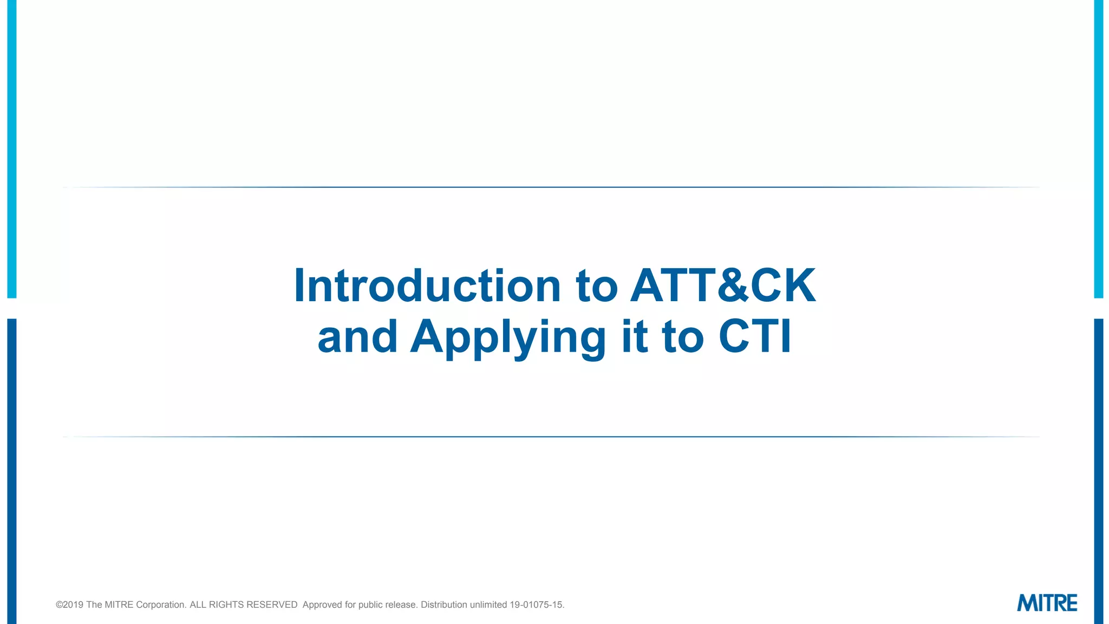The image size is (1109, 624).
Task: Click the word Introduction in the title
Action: click(427, 285)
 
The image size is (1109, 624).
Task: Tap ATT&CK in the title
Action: click(723, 285)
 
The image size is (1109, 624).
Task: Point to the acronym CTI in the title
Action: click(755, 337)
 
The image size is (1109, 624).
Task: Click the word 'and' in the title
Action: click(357, 337)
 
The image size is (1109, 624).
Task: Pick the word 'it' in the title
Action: click(635, 337)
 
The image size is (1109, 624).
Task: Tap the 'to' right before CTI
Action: click(683, 337)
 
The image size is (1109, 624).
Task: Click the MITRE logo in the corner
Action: click(1047, 603)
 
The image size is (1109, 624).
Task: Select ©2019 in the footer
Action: click(69, 604)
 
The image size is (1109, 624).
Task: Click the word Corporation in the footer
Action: click(161, 604)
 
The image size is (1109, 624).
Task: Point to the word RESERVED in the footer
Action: click(272, 604)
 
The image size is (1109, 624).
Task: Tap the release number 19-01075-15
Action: click(537, 604)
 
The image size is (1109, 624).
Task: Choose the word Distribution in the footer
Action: click(444, 604)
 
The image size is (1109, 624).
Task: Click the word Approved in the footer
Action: click(322, 604)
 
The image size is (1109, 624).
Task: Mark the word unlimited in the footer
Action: click(488, 604)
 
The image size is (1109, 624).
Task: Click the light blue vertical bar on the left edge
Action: click(12, 149)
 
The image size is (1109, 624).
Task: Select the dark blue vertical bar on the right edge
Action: click(1099, 471)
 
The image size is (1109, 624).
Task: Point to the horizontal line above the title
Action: click(552, 187)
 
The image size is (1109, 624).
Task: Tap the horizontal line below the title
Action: click(552, 437)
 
